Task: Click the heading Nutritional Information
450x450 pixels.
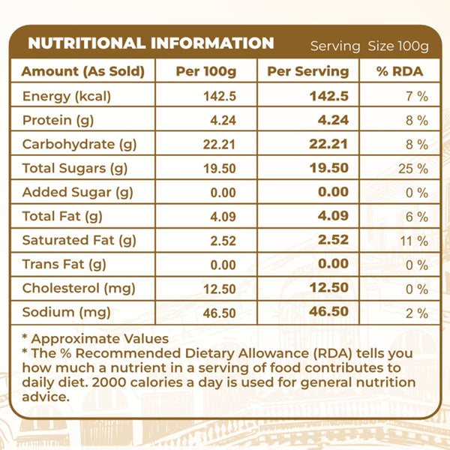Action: [x=151, y=43]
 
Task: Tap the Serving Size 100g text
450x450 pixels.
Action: [x=369, y=46]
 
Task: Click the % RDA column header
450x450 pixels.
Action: [x=401, y=72]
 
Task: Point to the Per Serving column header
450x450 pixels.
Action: [x=308, y=72]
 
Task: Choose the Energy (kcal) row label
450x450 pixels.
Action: [x=67, y=96]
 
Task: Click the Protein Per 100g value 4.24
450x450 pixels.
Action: [x=215, y=121]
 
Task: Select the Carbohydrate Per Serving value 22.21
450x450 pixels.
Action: [x=328, y=145]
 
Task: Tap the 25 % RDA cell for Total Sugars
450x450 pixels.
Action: [x=412, y=169]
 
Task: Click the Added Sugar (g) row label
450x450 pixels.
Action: [x=77, y=192]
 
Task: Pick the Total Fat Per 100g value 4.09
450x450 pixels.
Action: [x=215, y=217]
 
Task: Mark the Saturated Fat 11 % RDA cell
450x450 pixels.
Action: [x=413, y=241]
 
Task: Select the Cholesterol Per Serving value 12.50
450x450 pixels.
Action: [x=328, y=288]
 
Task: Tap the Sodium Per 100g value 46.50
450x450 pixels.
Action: [x=214, y=313]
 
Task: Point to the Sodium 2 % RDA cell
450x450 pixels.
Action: [x=417, y=313]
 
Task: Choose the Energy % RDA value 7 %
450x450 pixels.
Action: [x=417, y=97]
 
